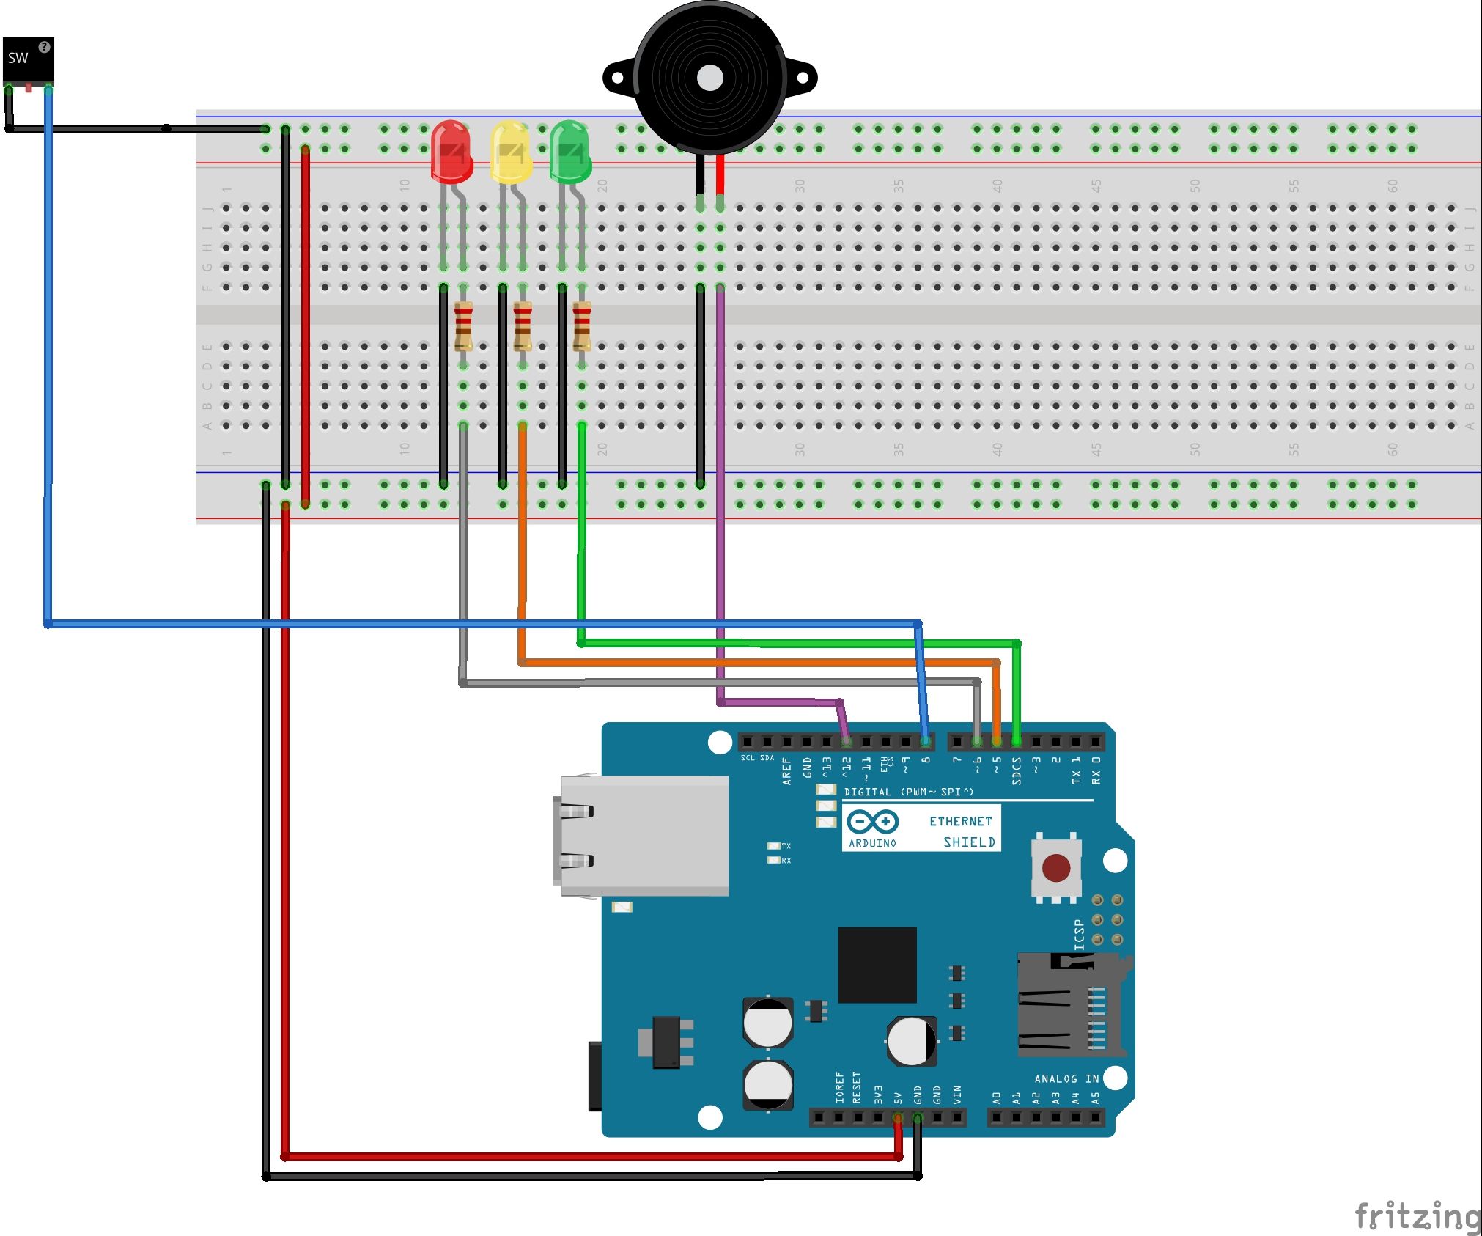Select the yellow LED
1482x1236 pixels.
(x=510, y=152)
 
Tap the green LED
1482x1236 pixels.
(x=569, y=152)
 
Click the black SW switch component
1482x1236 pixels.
(x=28, y=60)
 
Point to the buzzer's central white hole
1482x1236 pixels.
(x=709, y=78)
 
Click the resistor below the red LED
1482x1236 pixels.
(x=463, y=325)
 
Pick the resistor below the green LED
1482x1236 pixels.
(x=581, y=325)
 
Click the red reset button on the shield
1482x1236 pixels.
(x=1055, y=868)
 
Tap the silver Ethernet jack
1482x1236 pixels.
(x=644, y=836)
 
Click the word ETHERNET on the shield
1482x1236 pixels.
(x=960, y=821)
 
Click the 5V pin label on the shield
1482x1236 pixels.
(x=898, y=1097)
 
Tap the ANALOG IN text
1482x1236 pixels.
(x=1066, y=1078)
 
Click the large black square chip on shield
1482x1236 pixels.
(x=877, y=965)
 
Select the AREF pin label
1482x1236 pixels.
(x=786, y=771)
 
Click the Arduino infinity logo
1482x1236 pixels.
(x=872, y=821)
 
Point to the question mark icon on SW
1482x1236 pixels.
(x=44, y=47)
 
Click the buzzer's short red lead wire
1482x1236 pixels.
(x=720, y=174)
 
